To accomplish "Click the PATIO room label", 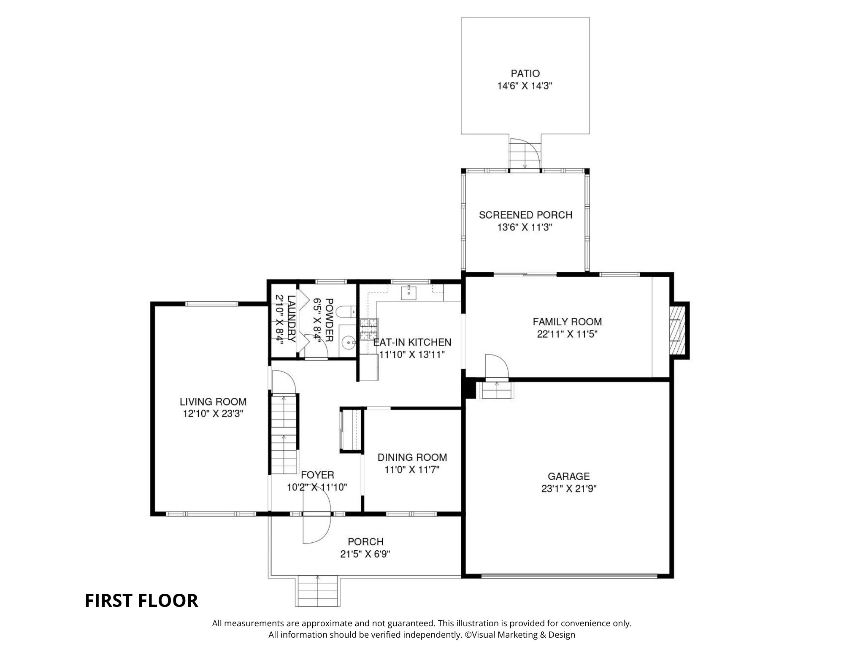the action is click(x=525, y=73).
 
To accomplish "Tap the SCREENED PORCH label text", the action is click(x=525, y=215).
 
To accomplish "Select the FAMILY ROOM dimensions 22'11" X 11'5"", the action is click(x=567, y=334).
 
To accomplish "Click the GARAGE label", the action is click(x=568, y=476).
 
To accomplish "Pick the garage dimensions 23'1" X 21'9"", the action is click(x=568, y=489).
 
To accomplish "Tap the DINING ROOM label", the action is click(x=412, y=457).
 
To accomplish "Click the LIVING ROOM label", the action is click(x=213, y=402).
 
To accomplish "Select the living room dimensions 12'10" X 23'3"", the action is click(x=213, y=414).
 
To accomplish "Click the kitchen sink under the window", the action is click(x=408, y=292).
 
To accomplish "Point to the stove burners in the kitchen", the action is click(x=369, y=330).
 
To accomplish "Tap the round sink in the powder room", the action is click(x=349, y=343).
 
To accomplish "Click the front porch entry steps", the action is click(x=318, y=591).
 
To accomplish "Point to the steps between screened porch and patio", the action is click(x=525, y=154).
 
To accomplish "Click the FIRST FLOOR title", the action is click(x=141, y=601).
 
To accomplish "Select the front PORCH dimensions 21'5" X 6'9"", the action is click(x=365, y=554).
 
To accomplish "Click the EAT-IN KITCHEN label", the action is click(x=412, y=342).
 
